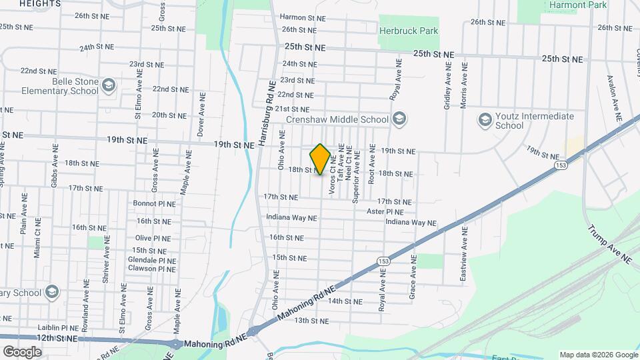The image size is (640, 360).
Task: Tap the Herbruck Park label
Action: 409,31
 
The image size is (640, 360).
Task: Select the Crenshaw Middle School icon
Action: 399,119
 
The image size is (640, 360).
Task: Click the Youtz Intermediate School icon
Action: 485,120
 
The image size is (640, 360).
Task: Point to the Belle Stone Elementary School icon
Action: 109,85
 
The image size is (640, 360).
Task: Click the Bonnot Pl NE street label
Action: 154,203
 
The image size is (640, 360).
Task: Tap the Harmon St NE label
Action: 302,17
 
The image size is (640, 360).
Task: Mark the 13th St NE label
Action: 311,321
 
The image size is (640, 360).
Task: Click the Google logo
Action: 22,351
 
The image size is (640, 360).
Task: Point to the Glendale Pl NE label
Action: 153,261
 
